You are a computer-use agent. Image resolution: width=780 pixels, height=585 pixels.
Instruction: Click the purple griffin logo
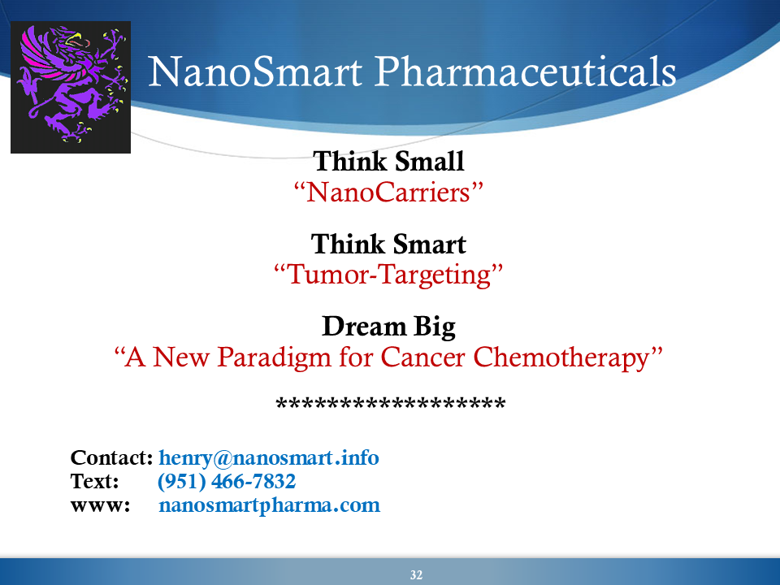[71, 87]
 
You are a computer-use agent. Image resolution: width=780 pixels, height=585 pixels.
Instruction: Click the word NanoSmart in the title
[255, 71]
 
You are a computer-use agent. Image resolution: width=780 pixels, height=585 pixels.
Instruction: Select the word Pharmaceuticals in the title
[526, 71]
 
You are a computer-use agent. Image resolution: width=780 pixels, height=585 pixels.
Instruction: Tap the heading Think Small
[388, 162]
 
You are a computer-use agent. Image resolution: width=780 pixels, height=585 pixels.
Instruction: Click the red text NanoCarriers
[388, 192]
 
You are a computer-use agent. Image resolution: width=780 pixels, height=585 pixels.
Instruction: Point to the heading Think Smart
[388, 245]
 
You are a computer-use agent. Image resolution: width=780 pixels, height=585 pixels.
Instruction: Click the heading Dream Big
[388, 327]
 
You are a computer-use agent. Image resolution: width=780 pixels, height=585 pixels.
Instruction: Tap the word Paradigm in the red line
[274, 358]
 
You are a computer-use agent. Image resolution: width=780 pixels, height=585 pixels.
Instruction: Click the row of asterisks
[391, 402]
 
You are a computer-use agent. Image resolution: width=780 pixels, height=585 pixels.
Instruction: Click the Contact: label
[111, 457]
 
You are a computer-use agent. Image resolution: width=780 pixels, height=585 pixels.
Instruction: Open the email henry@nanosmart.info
[269, 458]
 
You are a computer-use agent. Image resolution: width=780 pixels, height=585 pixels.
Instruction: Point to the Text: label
[94, 481]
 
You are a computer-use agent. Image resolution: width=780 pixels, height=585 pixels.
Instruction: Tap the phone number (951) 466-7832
[227, 482]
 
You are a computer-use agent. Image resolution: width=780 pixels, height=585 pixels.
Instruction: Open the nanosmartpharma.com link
[269, 505]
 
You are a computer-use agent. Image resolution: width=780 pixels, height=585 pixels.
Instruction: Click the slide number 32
[416, 575]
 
